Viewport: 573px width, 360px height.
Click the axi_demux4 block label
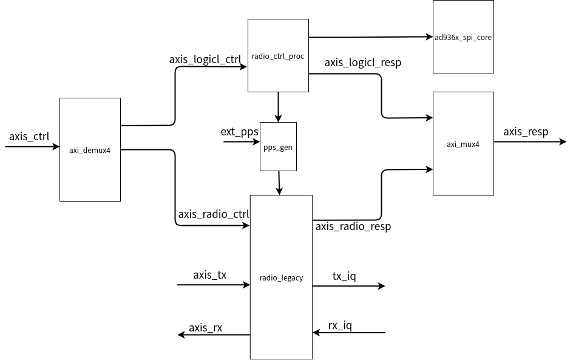(x=90, y=150)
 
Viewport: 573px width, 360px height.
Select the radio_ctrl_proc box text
(x=277, y=56)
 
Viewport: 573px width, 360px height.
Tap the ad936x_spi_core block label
(x=463, y=38)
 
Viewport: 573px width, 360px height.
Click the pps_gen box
(x=278, y=147)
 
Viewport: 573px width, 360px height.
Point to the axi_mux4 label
(x=463, y=144)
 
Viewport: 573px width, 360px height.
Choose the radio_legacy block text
(x=281, y=278)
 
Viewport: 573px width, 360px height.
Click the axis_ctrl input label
(x=29, y=136)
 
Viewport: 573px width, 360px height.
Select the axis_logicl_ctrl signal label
(x=205, y=59)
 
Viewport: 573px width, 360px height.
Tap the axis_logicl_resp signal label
(x=362, y=63)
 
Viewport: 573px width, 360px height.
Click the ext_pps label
(x=240, y=131)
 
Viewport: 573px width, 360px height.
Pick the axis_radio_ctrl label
(x=214, y=214)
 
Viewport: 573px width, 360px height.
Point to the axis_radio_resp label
(x=353, y=226)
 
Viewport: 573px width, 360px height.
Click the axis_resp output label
(x=526, y=132)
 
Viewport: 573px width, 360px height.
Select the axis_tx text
(x=209, y=275)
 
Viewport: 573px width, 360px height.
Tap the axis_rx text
(x=205, y=328)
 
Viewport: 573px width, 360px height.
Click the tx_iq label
(x=344, y=276)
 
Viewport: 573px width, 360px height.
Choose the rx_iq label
(x=340, y=325)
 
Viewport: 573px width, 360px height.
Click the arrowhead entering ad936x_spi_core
(x=429, y=37)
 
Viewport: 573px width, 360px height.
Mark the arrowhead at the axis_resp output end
(x=562, y=143)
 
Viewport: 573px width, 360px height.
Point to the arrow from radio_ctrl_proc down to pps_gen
(x=278, y=107)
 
